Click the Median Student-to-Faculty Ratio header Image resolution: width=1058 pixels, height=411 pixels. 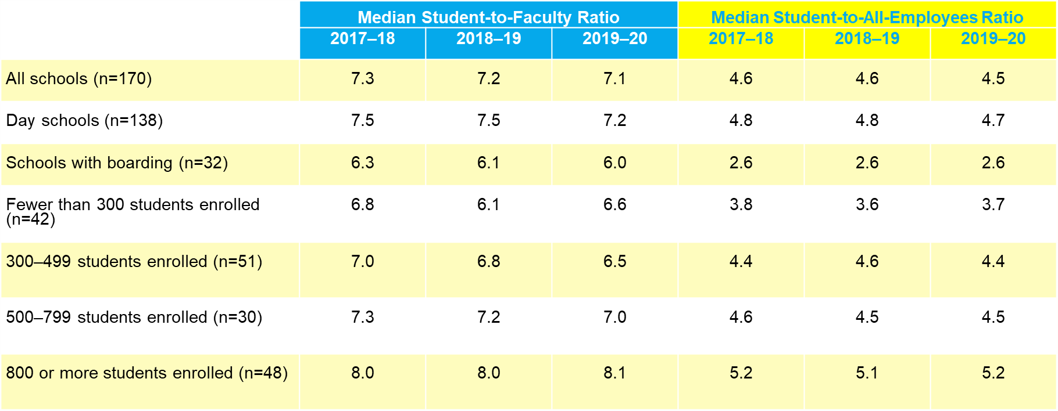click(488, 17)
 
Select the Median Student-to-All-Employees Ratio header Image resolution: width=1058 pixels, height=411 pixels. click(867, 17)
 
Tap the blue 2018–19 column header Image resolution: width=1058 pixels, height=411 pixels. click(488, 39)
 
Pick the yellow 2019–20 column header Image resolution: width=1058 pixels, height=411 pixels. click(993, 39)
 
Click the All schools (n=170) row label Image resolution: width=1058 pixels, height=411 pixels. click(79, 78)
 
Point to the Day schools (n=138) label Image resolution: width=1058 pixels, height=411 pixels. click(84, 120)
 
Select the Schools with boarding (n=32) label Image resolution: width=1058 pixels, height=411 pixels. click(117, 163)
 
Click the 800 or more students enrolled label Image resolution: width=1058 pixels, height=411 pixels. click(146, 373)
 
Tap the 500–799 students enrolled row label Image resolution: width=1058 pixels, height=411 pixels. click(134, 317)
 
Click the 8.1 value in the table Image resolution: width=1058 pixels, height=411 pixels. click(614, 373)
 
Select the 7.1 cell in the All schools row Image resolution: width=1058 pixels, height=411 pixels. click(614, 78)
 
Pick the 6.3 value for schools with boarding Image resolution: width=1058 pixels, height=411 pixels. click(362, 163)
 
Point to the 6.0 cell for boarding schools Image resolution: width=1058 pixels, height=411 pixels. click(614, 163)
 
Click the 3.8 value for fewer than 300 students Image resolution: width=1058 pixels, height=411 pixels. click(741, 204)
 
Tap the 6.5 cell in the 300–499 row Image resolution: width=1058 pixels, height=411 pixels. click(614, 261)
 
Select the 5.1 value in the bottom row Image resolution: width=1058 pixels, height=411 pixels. click(867, 373)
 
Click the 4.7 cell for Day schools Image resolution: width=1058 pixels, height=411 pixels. click(993, 120)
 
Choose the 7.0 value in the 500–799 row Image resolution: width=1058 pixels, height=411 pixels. click(614, 317)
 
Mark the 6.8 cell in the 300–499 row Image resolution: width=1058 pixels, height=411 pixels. click(488, 261)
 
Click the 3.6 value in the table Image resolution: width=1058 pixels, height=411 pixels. click(867, 204)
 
